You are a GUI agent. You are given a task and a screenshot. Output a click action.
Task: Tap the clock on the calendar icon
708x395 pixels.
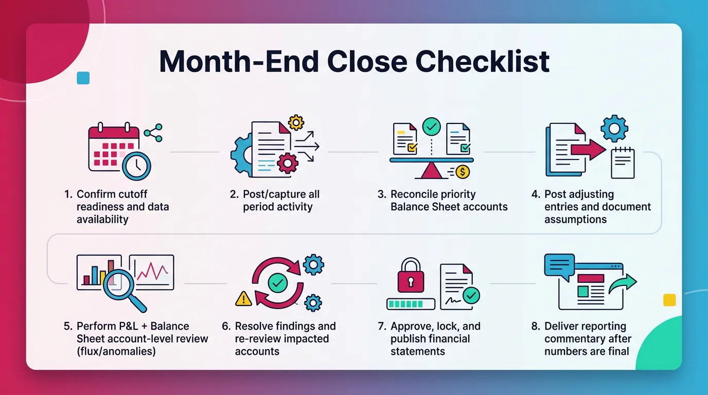pos(136,166)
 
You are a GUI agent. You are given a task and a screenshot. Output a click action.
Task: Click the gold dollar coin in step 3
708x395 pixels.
pos(463,171)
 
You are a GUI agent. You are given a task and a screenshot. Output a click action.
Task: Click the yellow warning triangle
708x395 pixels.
pos(243,298)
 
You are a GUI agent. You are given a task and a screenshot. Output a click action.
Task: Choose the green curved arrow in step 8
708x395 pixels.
pos(623,284)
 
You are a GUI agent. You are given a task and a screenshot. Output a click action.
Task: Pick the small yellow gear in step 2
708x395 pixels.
pos(296,122)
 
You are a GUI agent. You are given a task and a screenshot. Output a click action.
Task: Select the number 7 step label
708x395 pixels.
pos(382,326)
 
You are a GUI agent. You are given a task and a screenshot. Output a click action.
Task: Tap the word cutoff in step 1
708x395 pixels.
pos(132,194)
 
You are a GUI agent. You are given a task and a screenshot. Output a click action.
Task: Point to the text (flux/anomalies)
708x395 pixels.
pos(116,351)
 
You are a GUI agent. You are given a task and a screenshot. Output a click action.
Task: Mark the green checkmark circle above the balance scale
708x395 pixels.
pos(431,127)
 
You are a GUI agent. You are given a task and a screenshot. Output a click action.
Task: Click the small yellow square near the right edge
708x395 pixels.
pos(669,300)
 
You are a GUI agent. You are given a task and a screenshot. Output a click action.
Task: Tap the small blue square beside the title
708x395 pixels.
pos(83,78)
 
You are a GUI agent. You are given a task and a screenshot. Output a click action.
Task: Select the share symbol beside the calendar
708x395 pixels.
pos(153,133)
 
